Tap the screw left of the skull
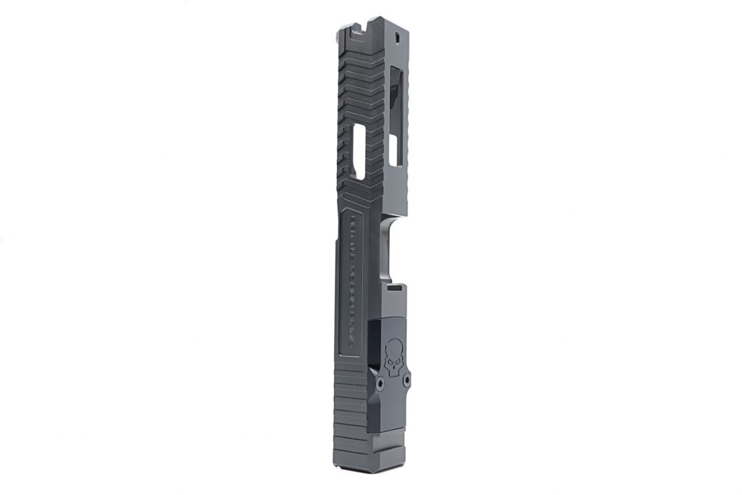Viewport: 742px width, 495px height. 379,378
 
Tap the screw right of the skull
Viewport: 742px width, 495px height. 407,379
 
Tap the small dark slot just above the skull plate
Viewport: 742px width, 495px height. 395,288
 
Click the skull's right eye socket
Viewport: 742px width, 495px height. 397,353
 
